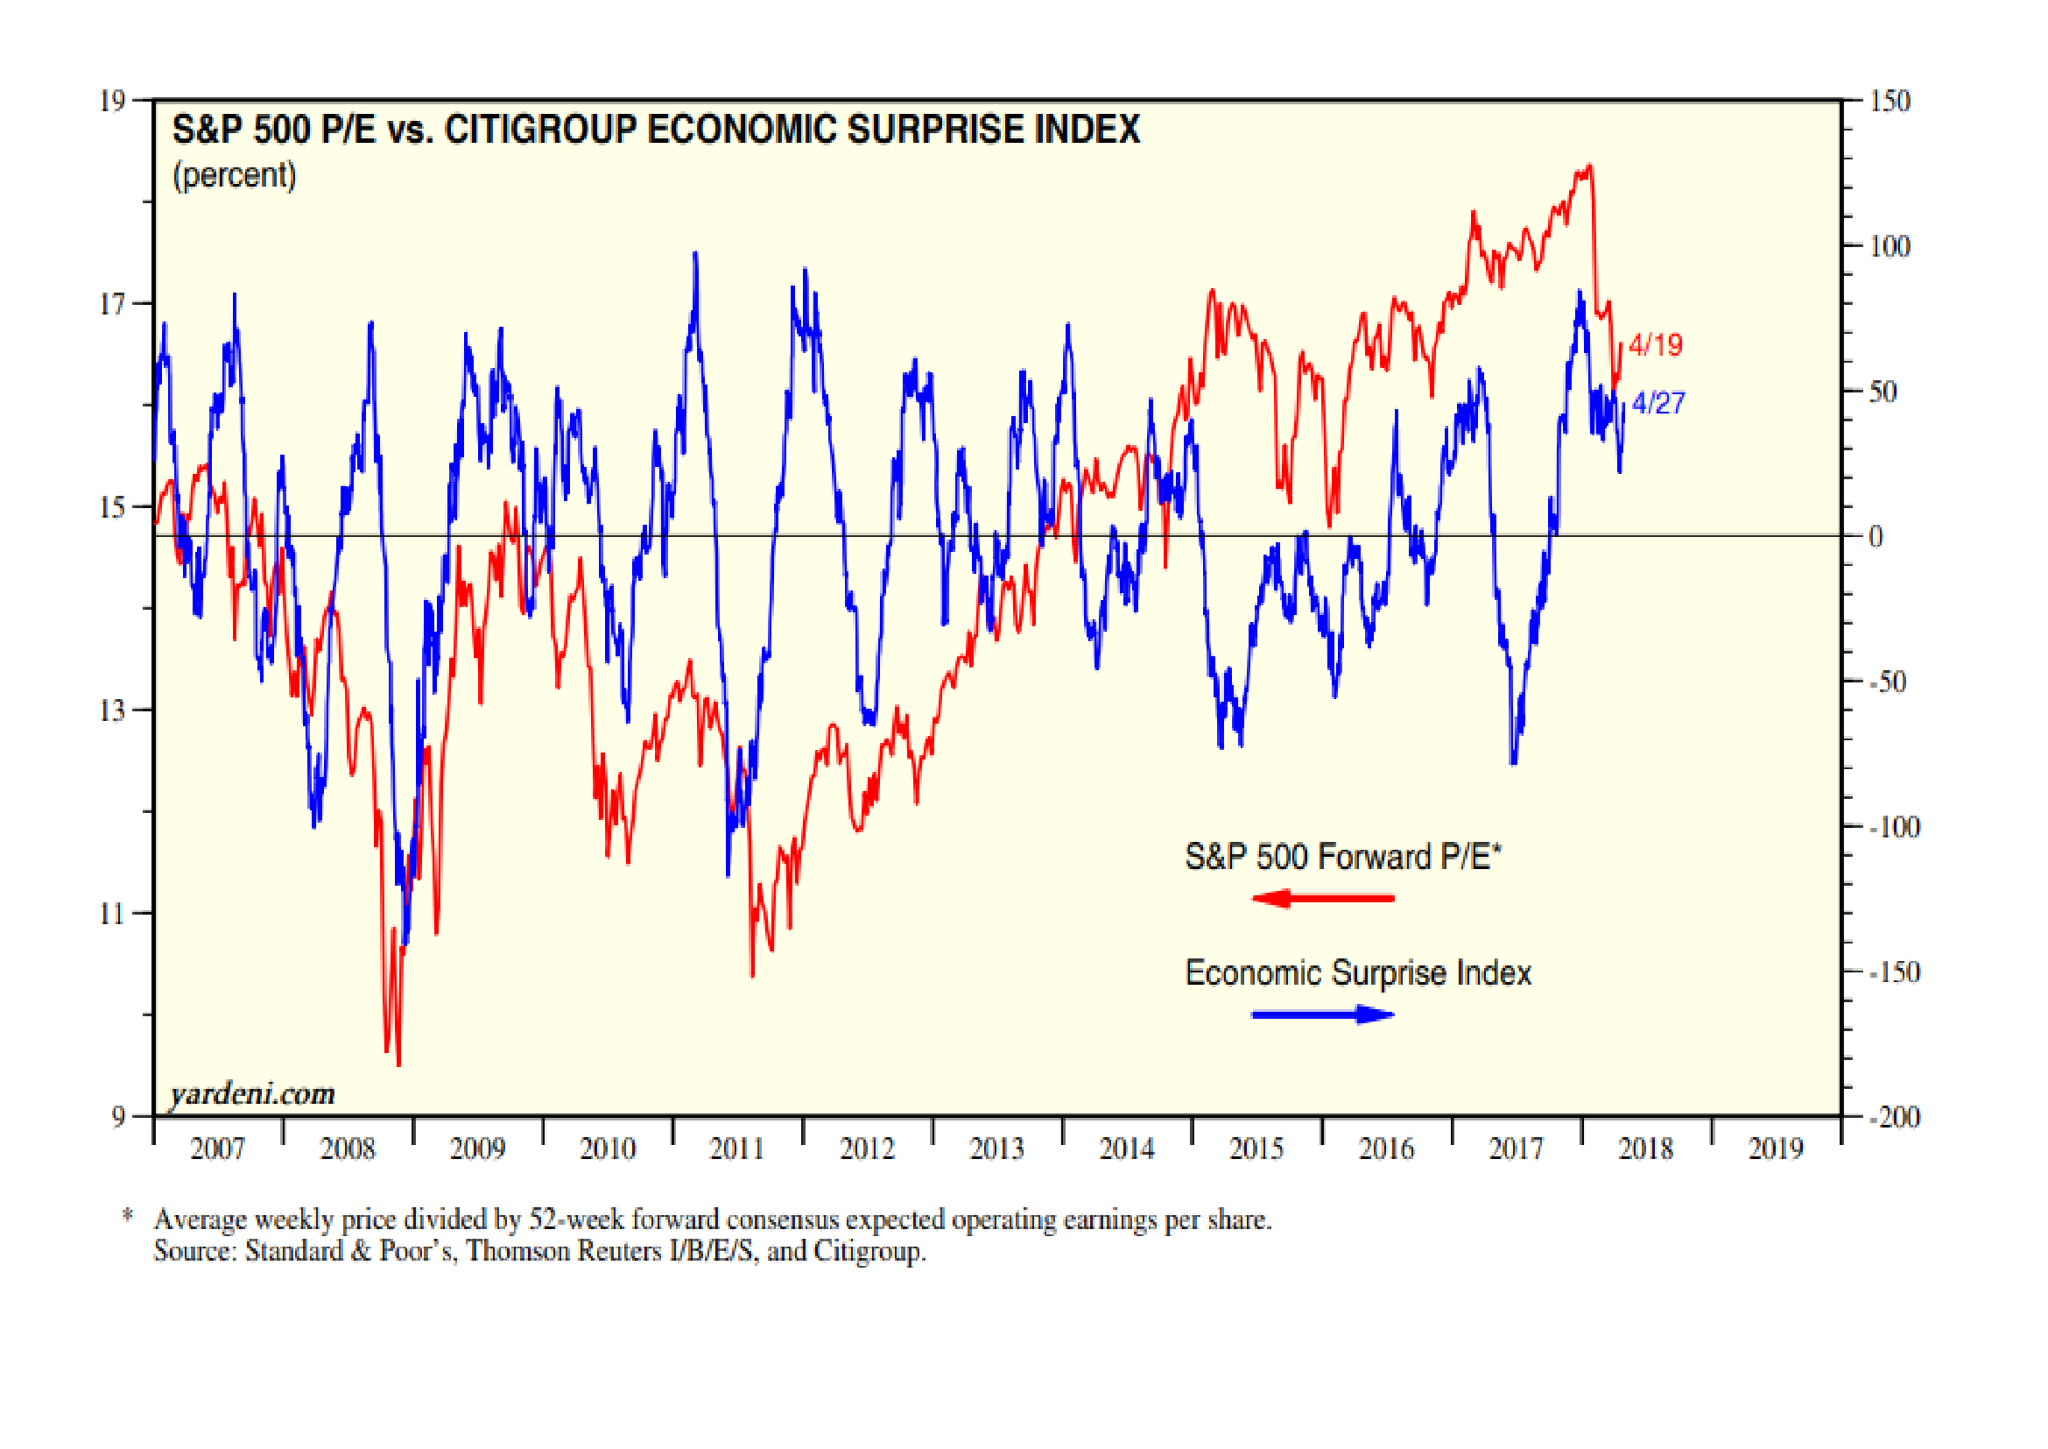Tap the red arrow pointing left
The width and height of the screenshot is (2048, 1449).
(1322, 899)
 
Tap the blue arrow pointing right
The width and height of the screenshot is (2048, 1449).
(1322, 1014)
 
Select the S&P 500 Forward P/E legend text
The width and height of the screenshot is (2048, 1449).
(1342, 857)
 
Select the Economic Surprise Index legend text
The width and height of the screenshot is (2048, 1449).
(1358, 972)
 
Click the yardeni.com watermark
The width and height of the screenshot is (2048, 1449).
(252, 1094)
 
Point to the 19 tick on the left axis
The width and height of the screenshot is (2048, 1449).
(112, 101)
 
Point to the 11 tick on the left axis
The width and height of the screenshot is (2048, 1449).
(112, 914)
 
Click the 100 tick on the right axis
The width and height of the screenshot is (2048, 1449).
(1890, 246)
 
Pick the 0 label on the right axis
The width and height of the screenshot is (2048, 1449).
(1876, 537)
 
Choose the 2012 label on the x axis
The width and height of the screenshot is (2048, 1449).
(867, 1149)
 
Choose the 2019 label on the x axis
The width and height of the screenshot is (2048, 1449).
(1775, 1149)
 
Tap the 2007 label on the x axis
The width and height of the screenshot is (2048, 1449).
(218, 1149)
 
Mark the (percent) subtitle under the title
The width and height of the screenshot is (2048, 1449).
(234, 175)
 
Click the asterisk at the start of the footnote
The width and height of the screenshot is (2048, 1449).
(128, 1214)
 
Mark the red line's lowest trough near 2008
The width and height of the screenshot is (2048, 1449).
(398, 1064)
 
